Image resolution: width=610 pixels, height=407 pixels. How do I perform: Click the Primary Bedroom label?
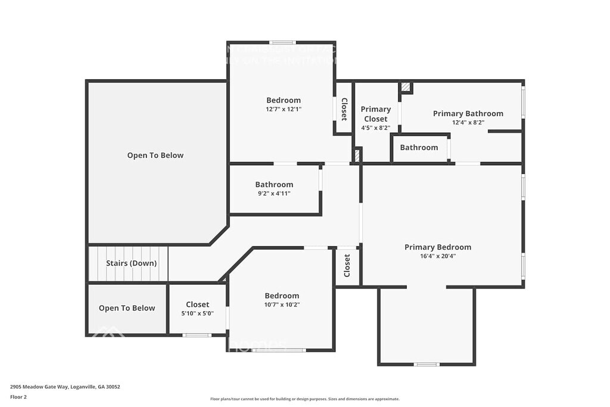437,247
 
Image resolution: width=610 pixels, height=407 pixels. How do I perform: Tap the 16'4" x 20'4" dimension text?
437,256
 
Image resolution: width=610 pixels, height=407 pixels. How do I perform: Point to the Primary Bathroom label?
468,113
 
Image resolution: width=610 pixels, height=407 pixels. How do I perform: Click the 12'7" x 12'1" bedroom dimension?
284,109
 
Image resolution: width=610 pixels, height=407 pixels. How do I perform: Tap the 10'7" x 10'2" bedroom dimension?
282,305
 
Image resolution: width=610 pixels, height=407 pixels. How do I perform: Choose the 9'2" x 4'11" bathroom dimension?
274,193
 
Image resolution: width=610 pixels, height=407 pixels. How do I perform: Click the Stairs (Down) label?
131,263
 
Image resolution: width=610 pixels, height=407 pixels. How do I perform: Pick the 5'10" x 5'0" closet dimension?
197,313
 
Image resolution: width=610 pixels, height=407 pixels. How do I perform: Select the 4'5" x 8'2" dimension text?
376,128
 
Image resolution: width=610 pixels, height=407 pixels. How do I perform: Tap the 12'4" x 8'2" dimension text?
468,122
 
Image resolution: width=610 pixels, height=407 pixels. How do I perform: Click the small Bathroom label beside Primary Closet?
419,147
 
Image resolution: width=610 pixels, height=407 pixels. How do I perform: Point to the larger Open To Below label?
155,156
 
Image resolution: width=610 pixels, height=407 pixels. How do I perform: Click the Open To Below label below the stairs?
127,308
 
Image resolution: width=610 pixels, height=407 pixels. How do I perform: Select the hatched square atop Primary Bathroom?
405,88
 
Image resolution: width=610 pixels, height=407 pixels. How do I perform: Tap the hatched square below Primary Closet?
357,155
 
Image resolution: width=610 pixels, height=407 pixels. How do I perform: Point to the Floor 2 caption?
18,396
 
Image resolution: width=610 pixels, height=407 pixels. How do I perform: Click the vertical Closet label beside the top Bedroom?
344,109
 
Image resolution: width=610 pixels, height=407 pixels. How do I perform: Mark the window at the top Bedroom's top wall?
282,42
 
